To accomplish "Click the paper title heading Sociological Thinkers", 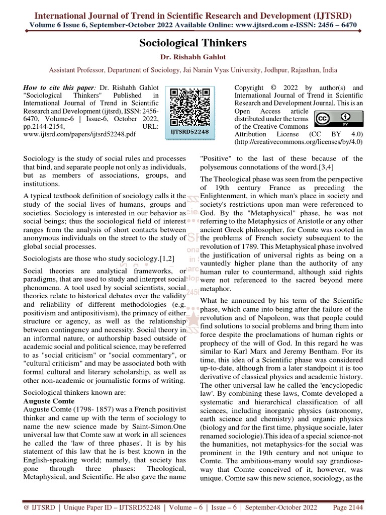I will pyautogui.click(x=193, y=43).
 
